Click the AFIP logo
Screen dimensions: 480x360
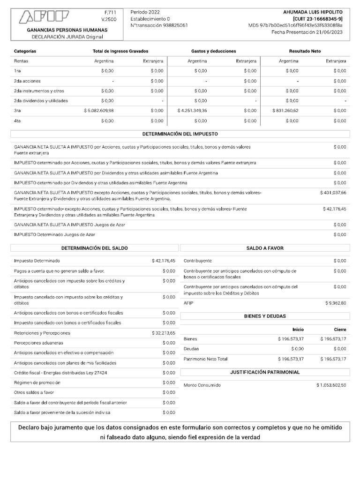44,17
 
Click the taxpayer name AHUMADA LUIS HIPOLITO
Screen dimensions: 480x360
313,12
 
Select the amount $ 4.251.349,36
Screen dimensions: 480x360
192,111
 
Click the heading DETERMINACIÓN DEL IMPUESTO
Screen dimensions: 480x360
180,134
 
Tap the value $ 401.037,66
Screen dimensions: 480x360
333,193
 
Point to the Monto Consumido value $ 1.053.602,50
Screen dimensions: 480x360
331,385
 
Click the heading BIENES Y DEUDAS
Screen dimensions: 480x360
265,316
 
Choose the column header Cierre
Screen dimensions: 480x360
340,330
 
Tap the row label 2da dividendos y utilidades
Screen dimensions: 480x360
41,101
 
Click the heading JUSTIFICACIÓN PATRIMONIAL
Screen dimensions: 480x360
265,372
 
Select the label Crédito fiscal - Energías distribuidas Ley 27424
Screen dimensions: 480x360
60,373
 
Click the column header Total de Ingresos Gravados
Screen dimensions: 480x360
121,51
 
